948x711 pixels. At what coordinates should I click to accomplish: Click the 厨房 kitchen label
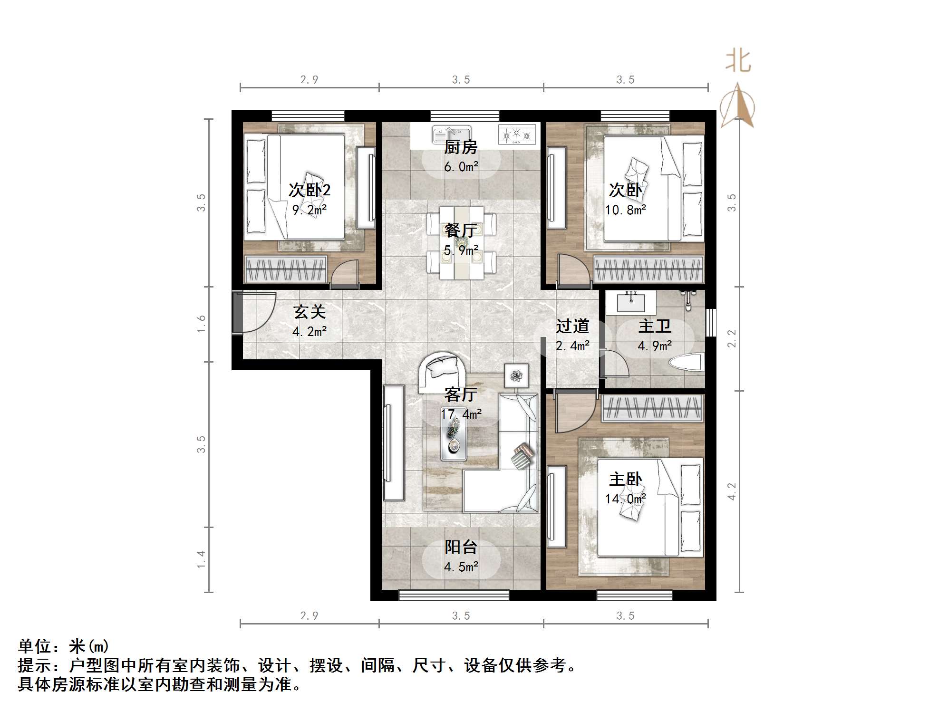pyautogui.click(x=460, y=147)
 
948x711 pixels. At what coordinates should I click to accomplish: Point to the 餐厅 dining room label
pyautogui.click(x=460, y=231)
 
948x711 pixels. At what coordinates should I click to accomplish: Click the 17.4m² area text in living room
pyautogui.click(x=460, y=414)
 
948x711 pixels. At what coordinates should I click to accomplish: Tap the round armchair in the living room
pyautogui.click(x=442, y=372)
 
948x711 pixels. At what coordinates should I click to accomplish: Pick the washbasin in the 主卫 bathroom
pyautogui.click(x=631, y=303)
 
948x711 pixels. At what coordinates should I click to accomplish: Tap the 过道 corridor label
pyautogui.click(x=572, y=326)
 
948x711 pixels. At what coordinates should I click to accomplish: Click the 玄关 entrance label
pyautogui.click(x=309, y=312)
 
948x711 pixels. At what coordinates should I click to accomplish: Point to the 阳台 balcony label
pyautogui.click(x=460, y=547)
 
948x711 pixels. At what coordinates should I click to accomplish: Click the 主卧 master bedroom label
pyautogui.click(x=625, y=479)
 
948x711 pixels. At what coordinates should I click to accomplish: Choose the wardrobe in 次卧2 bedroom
pyautogui.click(x=285, y=269)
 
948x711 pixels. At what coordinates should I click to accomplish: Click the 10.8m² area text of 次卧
pyautogui.click(x=625, y=210)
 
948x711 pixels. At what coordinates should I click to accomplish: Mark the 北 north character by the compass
pyautogui.click(x=737, y=62)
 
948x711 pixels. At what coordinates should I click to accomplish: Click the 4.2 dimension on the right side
pyautogui.click(x=732, y=491)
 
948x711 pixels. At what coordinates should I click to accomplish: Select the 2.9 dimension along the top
pyautogui.click(x=309, y=79)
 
